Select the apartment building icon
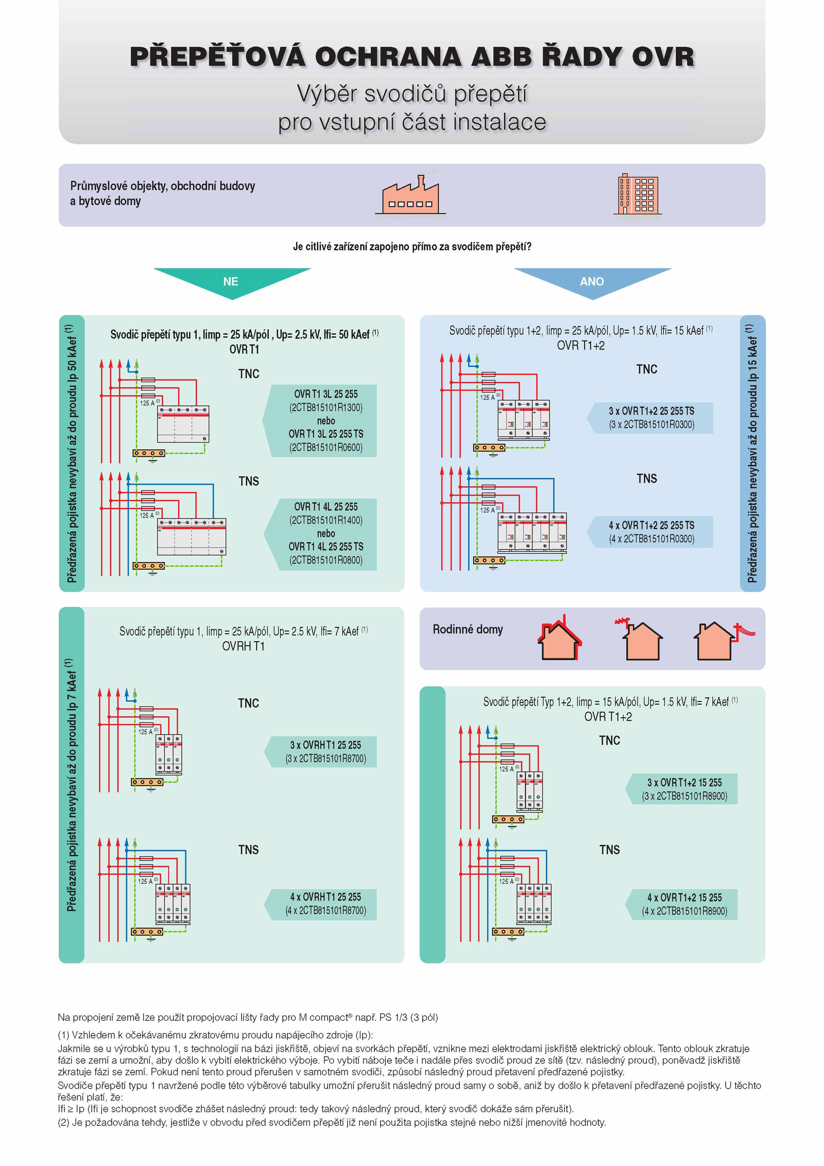tap(637, 194)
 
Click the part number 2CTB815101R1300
tap(326, 408)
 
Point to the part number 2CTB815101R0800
tap(326, 560)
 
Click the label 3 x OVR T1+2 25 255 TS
tap(651, 411)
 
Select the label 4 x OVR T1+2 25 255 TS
tap(651, 525)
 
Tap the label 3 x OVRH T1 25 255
tap(325, 745)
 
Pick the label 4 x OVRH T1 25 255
tap(325, 897)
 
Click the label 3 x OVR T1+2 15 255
tap(684, 782)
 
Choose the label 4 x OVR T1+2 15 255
tap(684, 897)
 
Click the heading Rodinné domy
tap(468, 629)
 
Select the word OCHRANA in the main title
tap(388, 57)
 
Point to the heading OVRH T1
tap(243, 646)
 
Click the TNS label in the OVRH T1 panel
tap(248, 850)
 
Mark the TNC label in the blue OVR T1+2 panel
tap(647, 369)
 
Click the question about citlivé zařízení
tap(412, 247)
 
